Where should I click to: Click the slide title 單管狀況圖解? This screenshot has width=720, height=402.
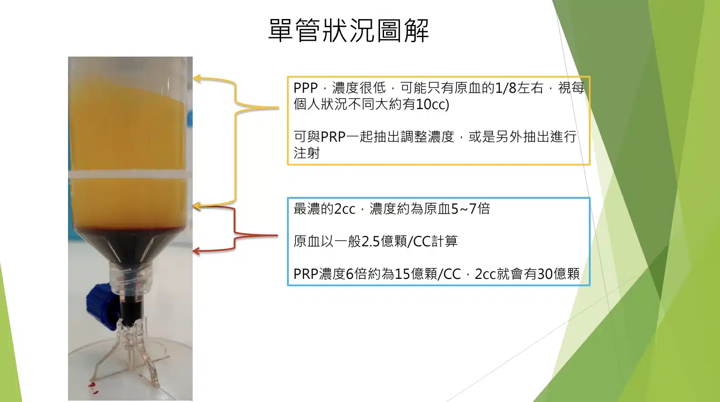click(x=349, y=30)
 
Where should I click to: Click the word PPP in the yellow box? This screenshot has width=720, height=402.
click(x=306, y=88)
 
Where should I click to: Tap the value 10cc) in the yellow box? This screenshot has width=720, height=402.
click(x=433, y=104)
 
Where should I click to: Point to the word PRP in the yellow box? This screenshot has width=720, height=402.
click(x=333, y=137)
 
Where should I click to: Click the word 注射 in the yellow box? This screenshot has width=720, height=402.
click(x=306, y=153)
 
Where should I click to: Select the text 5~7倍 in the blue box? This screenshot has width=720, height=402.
click(x=471, y=209)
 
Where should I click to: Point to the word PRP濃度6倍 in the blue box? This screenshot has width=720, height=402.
click(x=330, y=274)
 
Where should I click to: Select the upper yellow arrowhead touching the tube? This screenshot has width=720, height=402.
click(x=197, y=78)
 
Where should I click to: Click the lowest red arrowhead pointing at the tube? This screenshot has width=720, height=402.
click(x=196, y=251)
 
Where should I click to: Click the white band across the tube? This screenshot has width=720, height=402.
click(x=128, y=175)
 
